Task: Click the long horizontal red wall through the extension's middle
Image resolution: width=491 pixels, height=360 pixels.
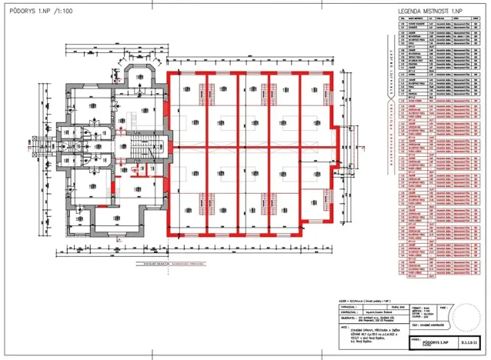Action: (x=254, y=145)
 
